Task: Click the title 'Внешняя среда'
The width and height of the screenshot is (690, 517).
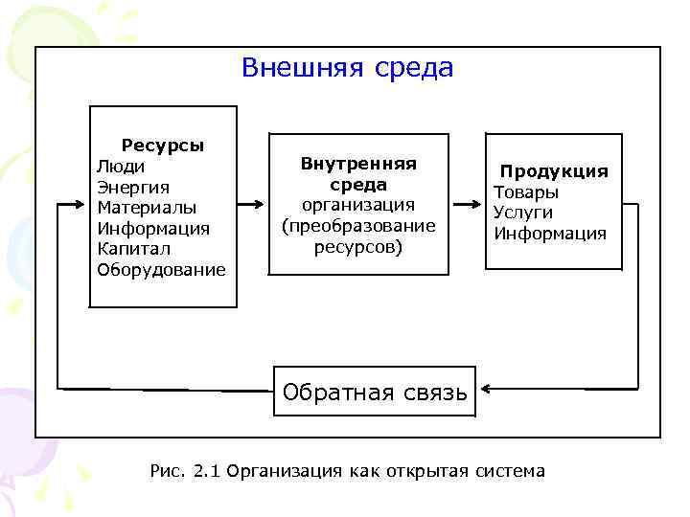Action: coord(347,69)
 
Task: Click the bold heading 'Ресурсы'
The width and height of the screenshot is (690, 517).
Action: coord(162,146)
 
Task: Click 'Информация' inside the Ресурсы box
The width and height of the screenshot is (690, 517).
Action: coord(153,228)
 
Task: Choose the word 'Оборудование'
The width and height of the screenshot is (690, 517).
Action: coord(161,269)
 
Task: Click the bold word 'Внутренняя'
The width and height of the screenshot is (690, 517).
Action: coord(358,164)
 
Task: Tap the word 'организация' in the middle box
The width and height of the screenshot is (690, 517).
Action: coord(358,205)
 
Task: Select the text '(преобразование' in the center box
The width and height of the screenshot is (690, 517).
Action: coord(358,226)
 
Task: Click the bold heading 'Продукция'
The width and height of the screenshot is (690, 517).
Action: coord(554,171)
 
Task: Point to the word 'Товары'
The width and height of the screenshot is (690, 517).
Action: coord(525,192)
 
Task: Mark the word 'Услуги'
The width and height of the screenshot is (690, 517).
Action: coord(522,213)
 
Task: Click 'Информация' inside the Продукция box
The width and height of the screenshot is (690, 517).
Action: coord(550,234)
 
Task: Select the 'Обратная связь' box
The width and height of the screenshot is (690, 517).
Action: coord(375,391)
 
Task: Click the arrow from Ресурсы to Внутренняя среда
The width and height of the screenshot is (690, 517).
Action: coord(250,205)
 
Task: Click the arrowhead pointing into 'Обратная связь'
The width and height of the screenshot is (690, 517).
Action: coord(485,389)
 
